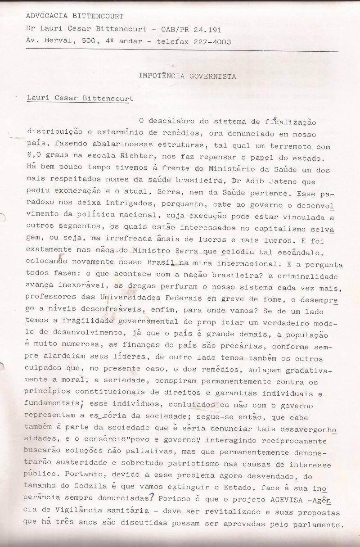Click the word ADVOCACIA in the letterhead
click(x=45, y=16)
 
